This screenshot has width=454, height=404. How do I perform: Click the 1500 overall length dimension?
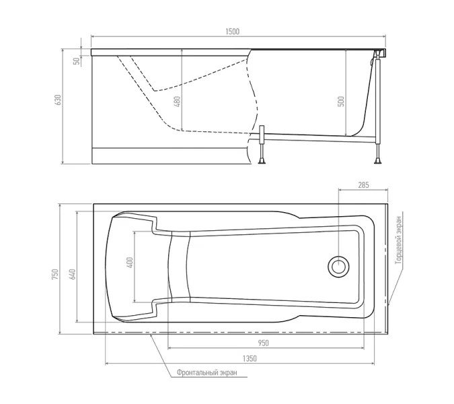pos(233,31)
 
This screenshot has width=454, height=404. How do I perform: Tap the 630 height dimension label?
pos(59,100)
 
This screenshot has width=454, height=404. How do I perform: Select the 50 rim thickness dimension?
pos(77,61)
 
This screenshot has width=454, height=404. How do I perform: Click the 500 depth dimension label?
pos(342,101)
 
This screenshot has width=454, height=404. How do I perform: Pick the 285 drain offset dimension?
pos(363,185)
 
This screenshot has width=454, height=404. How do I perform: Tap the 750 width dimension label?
pos(54,275)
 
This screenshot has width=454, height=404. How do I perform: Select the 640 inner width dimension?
pos(72,275)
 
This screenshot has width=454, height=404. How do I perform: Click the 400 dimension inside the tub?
pos(130,263)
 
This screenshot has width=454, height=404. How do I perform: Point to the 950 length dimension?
pos(263,343)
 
